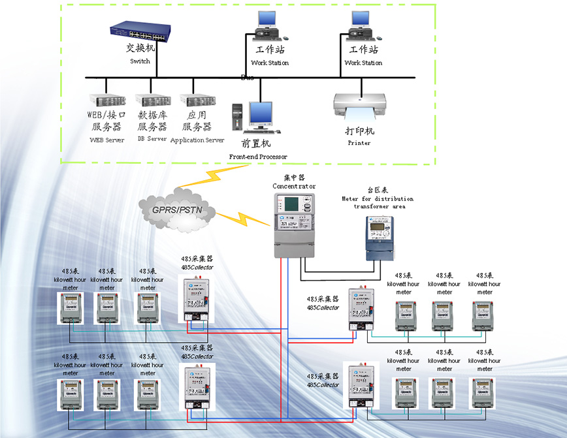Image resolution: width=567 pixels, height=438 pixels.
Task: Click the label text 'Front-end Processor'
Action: point(258,157)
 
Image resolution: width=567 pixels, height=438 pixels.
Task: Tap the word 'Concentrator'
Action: point(293,186)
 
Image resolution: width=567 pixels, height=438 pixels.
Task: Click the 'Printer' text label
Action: point(359,143)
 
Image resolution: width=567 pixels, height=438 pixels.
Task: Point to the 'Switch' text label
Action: point(140,61)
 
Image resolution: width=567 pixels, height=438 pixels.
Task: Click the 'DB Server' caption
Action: point(152,139)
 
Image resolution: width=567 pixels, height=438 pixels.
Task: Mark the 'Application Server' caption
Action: point(197,140)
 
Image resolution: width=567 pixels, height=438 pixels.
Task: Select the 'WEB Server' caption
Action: point(106,140)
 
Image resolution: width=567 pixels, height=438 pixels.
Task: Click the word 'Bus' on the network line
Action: point(248,78)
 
